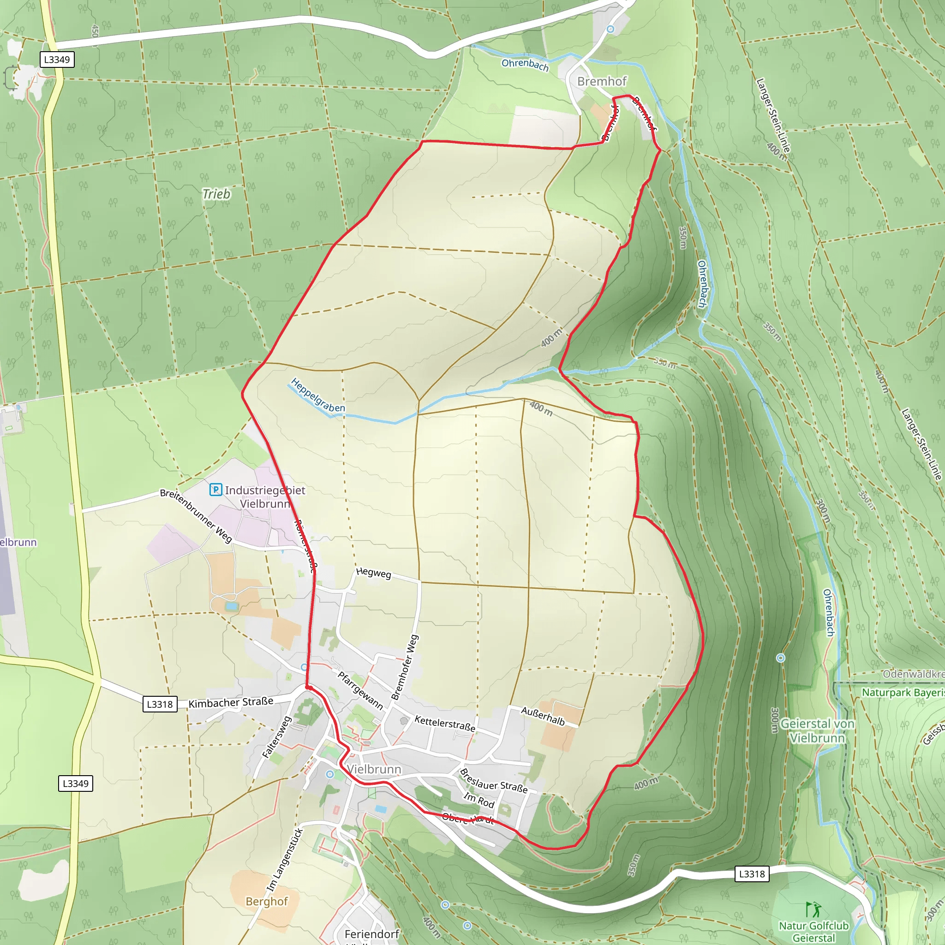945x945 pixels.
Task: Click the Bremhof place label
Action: pos(602,81)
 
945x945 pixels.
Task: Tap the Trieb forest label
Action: pos(216,194)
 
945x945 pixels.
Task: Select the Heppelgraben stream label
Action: pos(318,395)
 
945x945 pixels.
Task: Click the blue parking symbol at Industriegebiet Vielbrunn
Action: pos(215,490)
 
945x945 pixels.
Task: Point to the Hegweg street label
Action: pos(374,573)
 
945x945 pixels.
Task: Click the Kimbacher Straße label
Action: pos(231,702)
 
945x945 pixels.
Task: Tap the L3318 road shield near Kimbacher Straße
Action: pos(160,704)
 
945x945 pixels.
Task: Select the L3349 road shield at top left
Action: pos(57,60)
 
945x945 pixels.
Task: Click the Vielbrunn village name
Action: pos(374,769)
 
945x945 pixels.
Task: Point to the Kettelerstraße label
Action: pos(445,724)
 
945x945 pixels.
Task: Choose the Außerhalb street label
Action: pos(543,717)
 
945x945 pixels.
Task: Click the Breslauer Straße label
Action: pos(494,781)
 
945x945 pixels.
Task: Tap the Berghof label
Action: pos(267,902)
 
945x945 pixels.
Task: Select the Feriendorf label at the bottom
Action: pos(372,934)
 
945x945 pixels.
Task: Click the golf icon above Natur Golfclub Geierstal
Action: pos(813,909)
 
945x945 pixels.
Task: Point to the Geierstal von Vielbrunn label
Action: pos(817,731)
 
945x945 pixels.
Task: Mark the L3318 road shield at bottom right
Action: pos(752,874)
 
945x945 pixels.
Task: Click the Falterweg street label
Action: pos(277,737)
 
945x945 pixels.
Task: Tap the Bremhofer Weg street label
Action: pos(405,667)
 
